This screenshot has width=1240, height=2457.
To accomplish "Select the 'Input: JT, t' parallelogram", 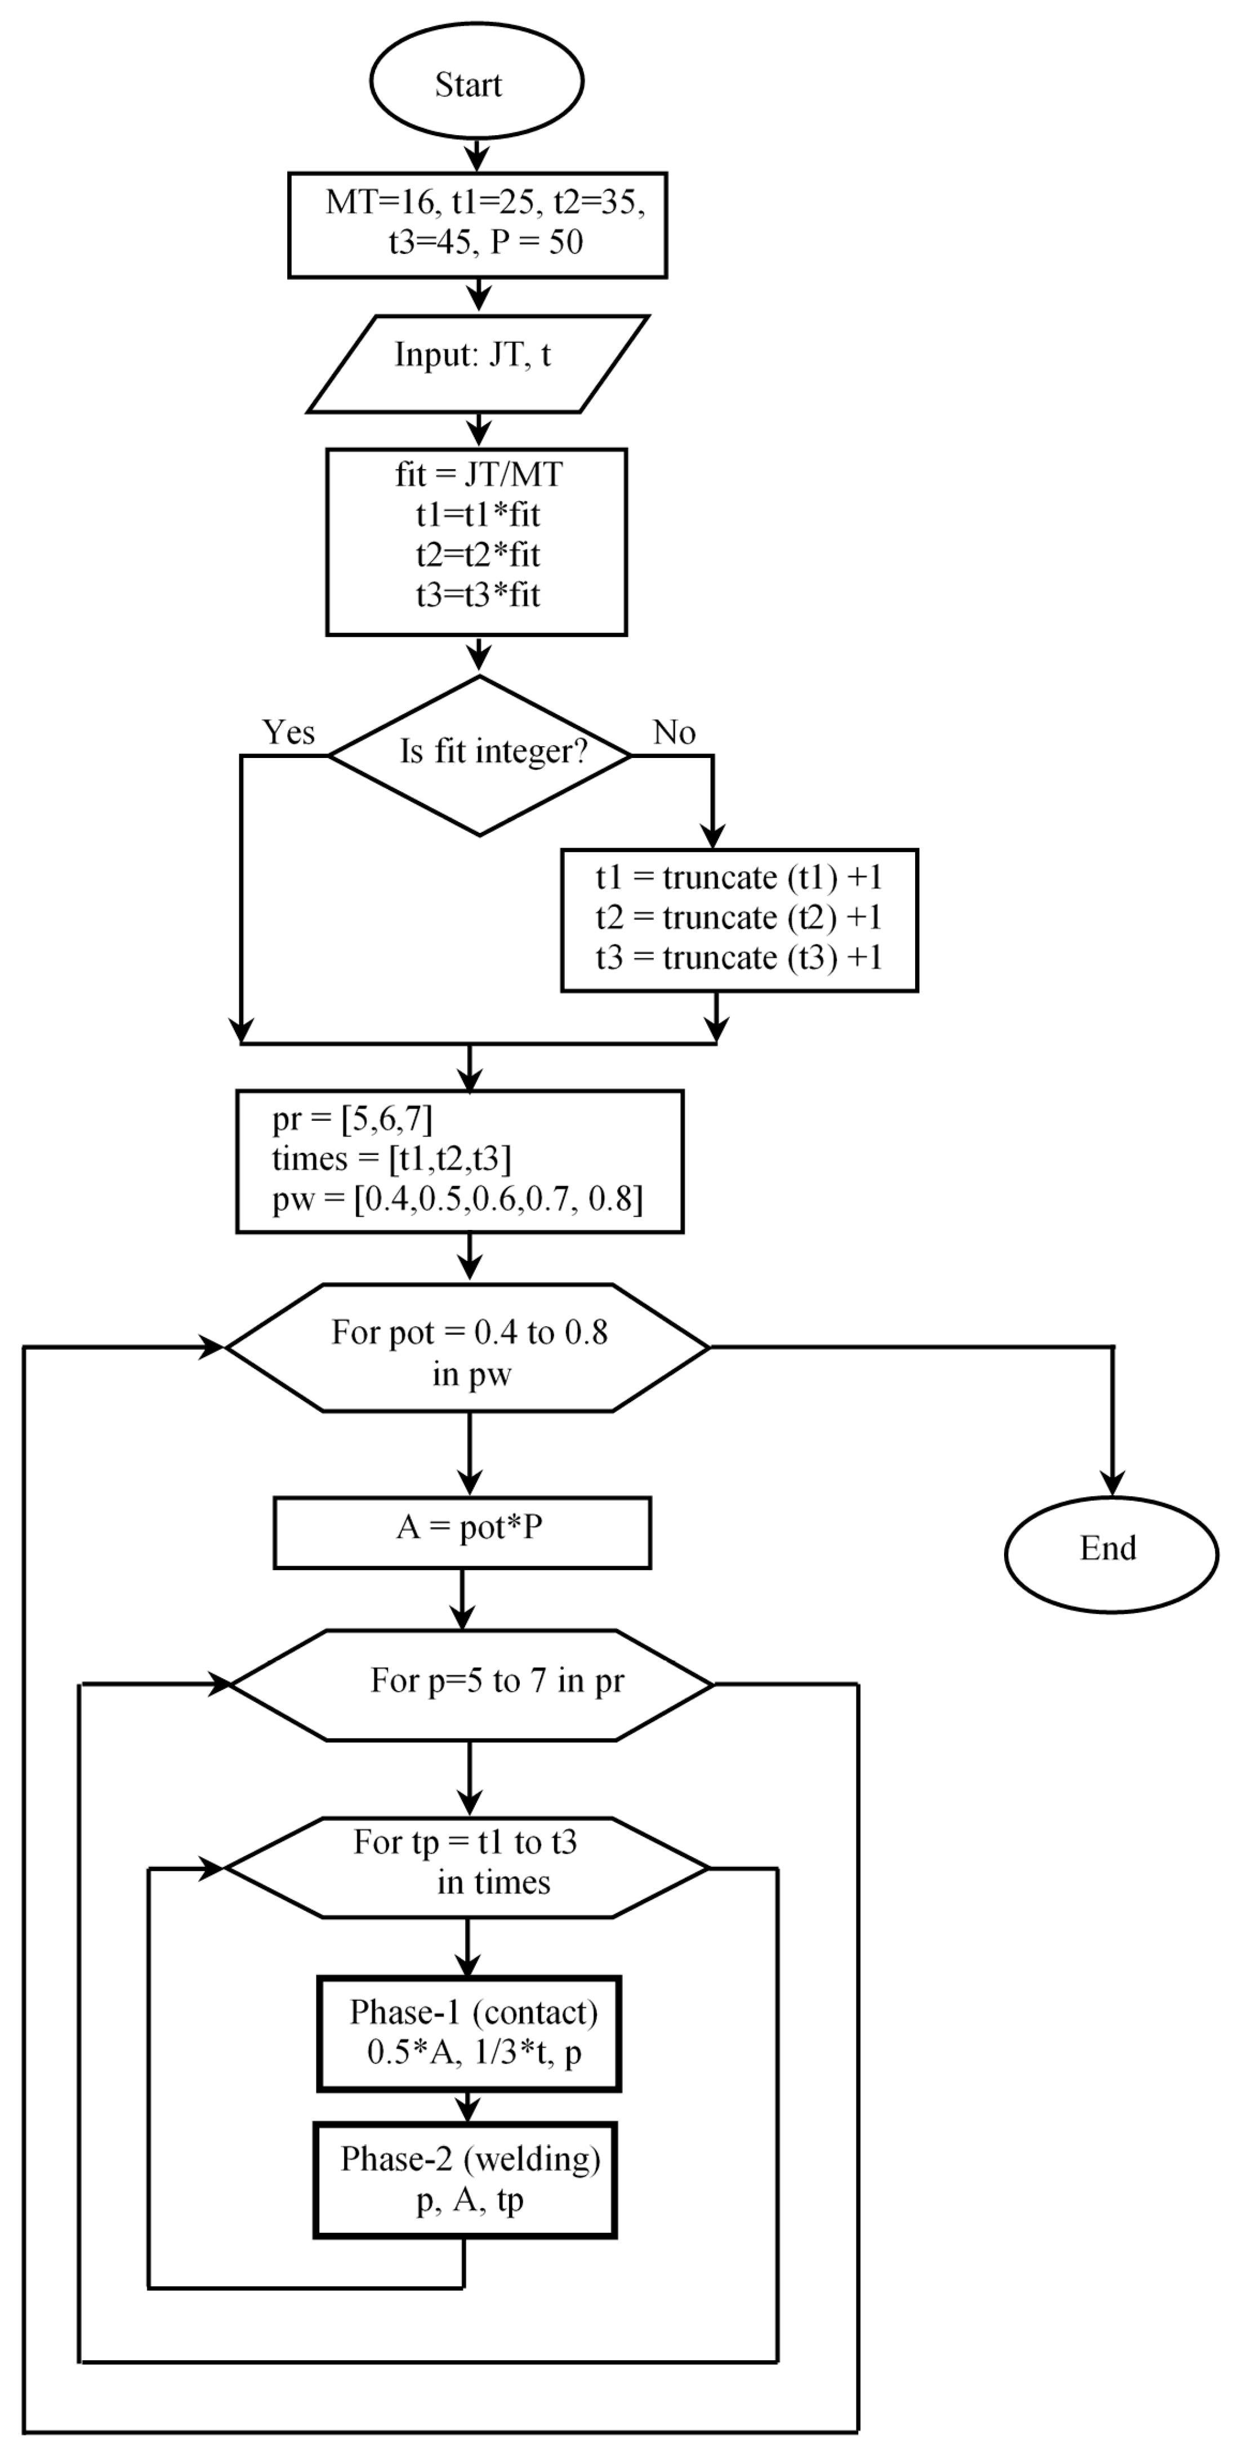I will [477, 363].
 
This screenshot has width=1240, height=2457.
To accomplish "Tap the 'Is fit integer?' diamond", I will [480, 755].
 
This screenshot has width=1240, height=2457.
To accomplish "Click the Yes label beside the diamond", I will [288, 733].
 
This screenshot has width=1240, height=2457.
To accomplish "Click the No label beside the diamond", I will [673, 733].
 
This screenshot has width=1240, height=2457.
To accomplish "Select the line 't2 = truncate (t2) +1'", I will [738, 917].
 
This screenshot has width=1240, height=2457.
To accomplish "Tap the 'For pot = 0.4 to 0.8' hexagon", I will [469, 1347].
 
